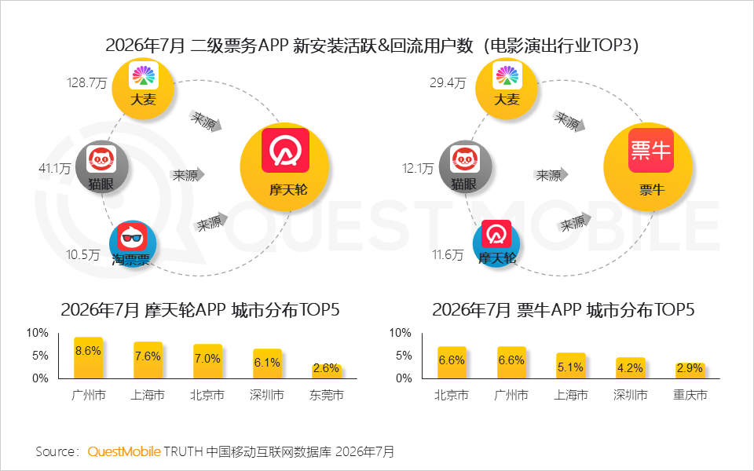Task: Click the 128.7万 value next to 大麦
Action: [87, 82]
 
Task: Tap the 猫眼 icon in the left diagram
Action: [102, 167]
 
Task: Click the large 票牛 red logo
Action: [650, 150]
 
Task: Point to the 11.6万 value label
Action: [448, 254]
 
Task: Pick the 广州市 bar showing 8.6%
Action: [88, 358]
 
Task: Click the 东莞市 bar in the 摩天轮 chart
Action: [327, 372]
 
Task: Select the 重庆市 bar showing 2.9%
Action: [690, 371]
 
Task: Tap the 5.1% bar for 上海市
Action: [571, 366]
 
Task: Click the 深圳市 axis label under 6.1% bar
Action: [267, 395]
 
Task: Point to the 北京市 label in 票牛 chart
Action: [452, 395]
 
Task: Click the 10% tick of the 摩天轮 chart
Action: [38, 333]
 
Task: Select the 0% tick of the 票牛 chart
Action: [404, 378]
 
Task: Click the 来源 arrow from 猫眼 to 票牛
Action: [551, 175]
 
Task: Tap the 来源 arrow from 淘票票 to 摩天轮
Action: [210, 222]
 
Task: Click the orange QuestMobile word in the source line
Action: [124, 452]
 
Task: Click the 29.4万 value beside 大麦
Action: [448, 82]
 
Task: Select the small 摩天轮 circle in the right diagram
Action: [496, 243]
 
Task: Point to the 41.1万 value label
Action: [55, 169]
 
